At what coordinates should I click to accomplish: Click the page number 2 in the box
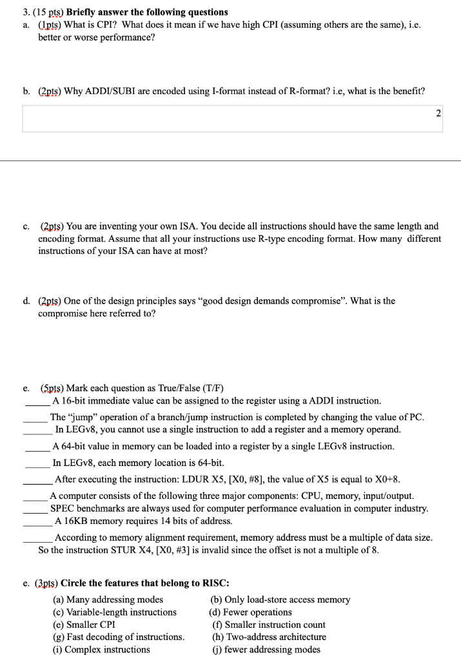coord(438,113)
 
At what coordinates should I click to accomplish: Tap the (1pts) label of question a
coord(50,24)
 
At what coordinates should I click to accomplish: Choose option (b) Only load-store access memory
coord(280,599)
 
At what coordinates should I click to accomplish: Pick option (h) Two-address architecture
coord(269,637)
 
